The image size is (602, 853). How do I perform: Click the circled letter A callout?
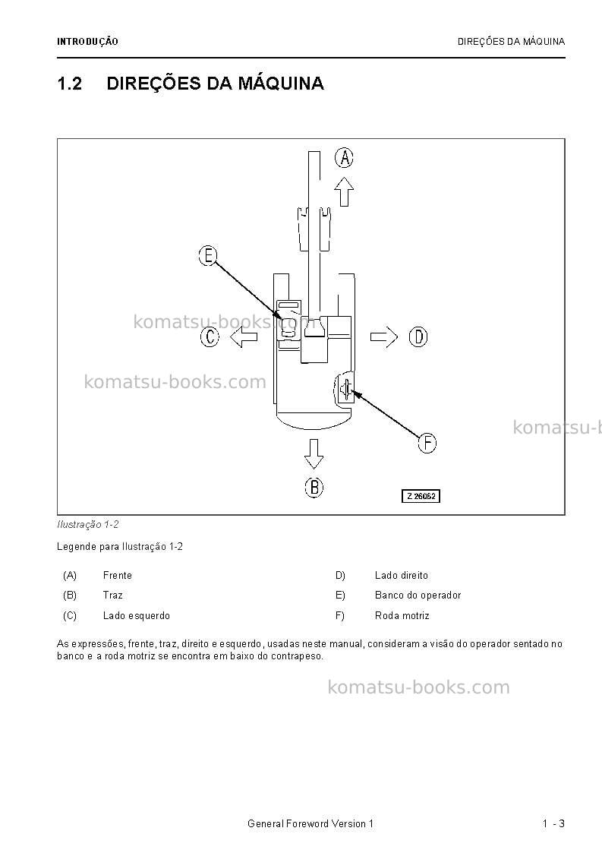pyautogui.click(x=344, y=158)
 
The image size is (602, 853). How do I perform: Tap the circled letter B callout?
pyautogui.click(x=314, y=488)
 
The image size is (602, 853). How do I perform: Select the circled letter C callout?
pyautogui.click(x=210, y=337)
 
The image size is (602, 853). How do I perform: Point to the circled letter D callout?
pyautogui.click(x=418, y=337)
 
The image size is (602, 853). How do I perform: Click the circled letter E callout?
pyautogui.click(x=208, y=256)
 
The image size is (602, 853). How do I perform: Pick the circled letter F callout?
pyautogui.click(x=427, y=443)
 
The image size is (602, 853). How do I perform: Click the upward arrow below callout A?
pyautogui.click(x=344, y=191)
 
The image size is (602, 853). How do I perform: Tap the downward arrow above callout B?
pyautogui.click(x=314, y=453)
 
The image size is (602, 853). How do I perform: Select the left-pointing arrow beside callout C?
pyautogui.click(x=244, y=337)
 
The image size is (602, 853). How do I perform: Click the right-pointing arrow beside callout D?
pyautogui.click(x=384, y=337)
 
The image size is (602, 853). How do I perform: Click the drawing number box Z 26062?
pyautogui.click(x=421, y=496)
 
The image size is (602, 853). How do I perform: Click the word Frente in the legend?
pyautogui.click(x=118, y=576)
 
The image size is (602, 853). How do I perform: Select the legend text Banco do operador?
pyautogui.click(x=418, y=596)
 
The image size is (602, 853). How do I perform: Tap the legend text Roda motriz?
pyautogui.click(x=402, y=616)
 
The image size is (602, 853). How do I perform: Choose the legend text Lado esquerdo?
pyautogui.click(x=137, y=616)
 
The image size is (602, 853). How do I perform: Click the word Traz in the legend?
pyautogui.click(x=112, y=596)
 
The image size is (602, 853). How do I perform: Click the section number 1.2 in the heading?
pyautogui.click(x=70, y=84)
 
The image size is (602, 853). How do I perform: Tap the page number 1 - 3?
pyautogui.click(x=553, y=823)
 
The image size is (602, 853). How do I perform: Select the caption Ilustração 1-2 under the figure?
pyautogui.click(x=87, y=524)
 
